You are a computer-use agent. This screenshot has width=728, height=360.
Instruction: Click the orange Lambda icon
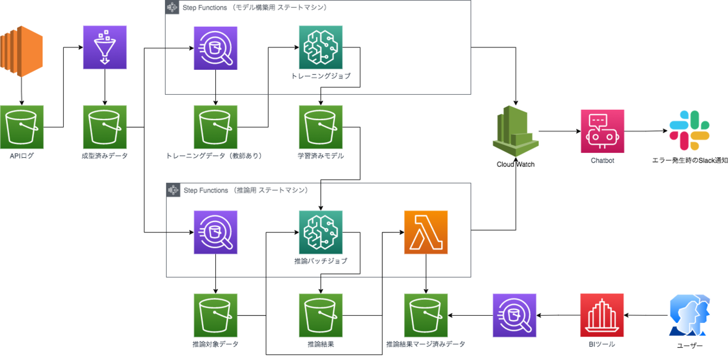tap(426, 232)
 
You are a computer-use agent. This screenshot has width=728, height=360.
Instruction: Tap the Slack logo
tap(689, 131)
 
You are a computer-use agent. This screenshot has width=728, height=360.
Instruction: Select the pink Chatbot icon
tap(602, 131)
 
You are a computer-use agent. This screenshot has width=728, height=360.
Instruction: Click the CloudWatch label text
tap(516, 165)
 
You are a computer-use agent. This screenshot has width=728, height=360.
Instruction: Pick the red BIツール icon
tap(602, 315)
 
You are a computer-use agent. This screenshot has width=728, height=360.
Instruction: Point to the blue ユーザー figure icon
tap(689, 315)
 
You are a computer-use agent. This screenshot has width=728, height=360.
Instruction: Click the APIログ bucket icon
tap(22, 127)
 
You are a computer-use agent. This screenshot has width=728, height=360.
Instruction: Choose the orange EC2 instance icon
tap(21, 52)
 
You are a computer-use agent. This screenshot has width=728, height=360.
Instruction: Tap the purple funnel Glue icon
tap(104, 47)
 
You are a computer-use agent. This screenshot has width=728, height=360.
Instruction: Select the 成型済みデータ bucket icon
tap(104, 127)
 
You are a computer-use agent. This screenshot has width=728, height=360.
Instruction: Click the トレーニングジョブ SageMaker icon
tap(320, 47)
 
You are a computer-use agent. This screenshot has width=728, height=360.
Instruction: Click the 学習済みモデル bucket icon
tap(320, 127)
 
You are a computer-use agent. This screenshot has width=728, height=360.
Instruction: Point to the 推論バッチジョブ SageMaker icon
tap(320, 232)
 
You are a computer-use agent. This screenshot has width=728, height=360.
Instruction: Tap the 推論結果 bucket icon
tap(320, 315)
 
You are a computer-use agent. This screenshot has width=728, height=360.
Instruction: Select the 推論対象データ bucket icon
tap(215, 315)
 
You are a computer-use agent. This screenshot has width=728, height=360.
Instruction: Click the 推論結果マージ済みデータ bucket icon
tap(426, 315)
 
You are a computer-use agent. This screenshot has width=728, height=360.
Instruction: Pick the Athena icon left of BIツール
tap(514, 315)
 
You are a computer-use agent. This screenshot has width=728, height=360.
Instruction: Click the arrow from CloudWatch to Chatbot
tap(559, 131)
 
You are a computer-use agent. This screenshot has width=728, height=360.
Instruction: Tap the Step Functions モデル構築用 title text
tap(255, 7)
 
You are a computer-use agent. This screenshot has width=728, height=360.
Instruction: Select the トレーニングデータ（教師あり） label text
tap(214, 156)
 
